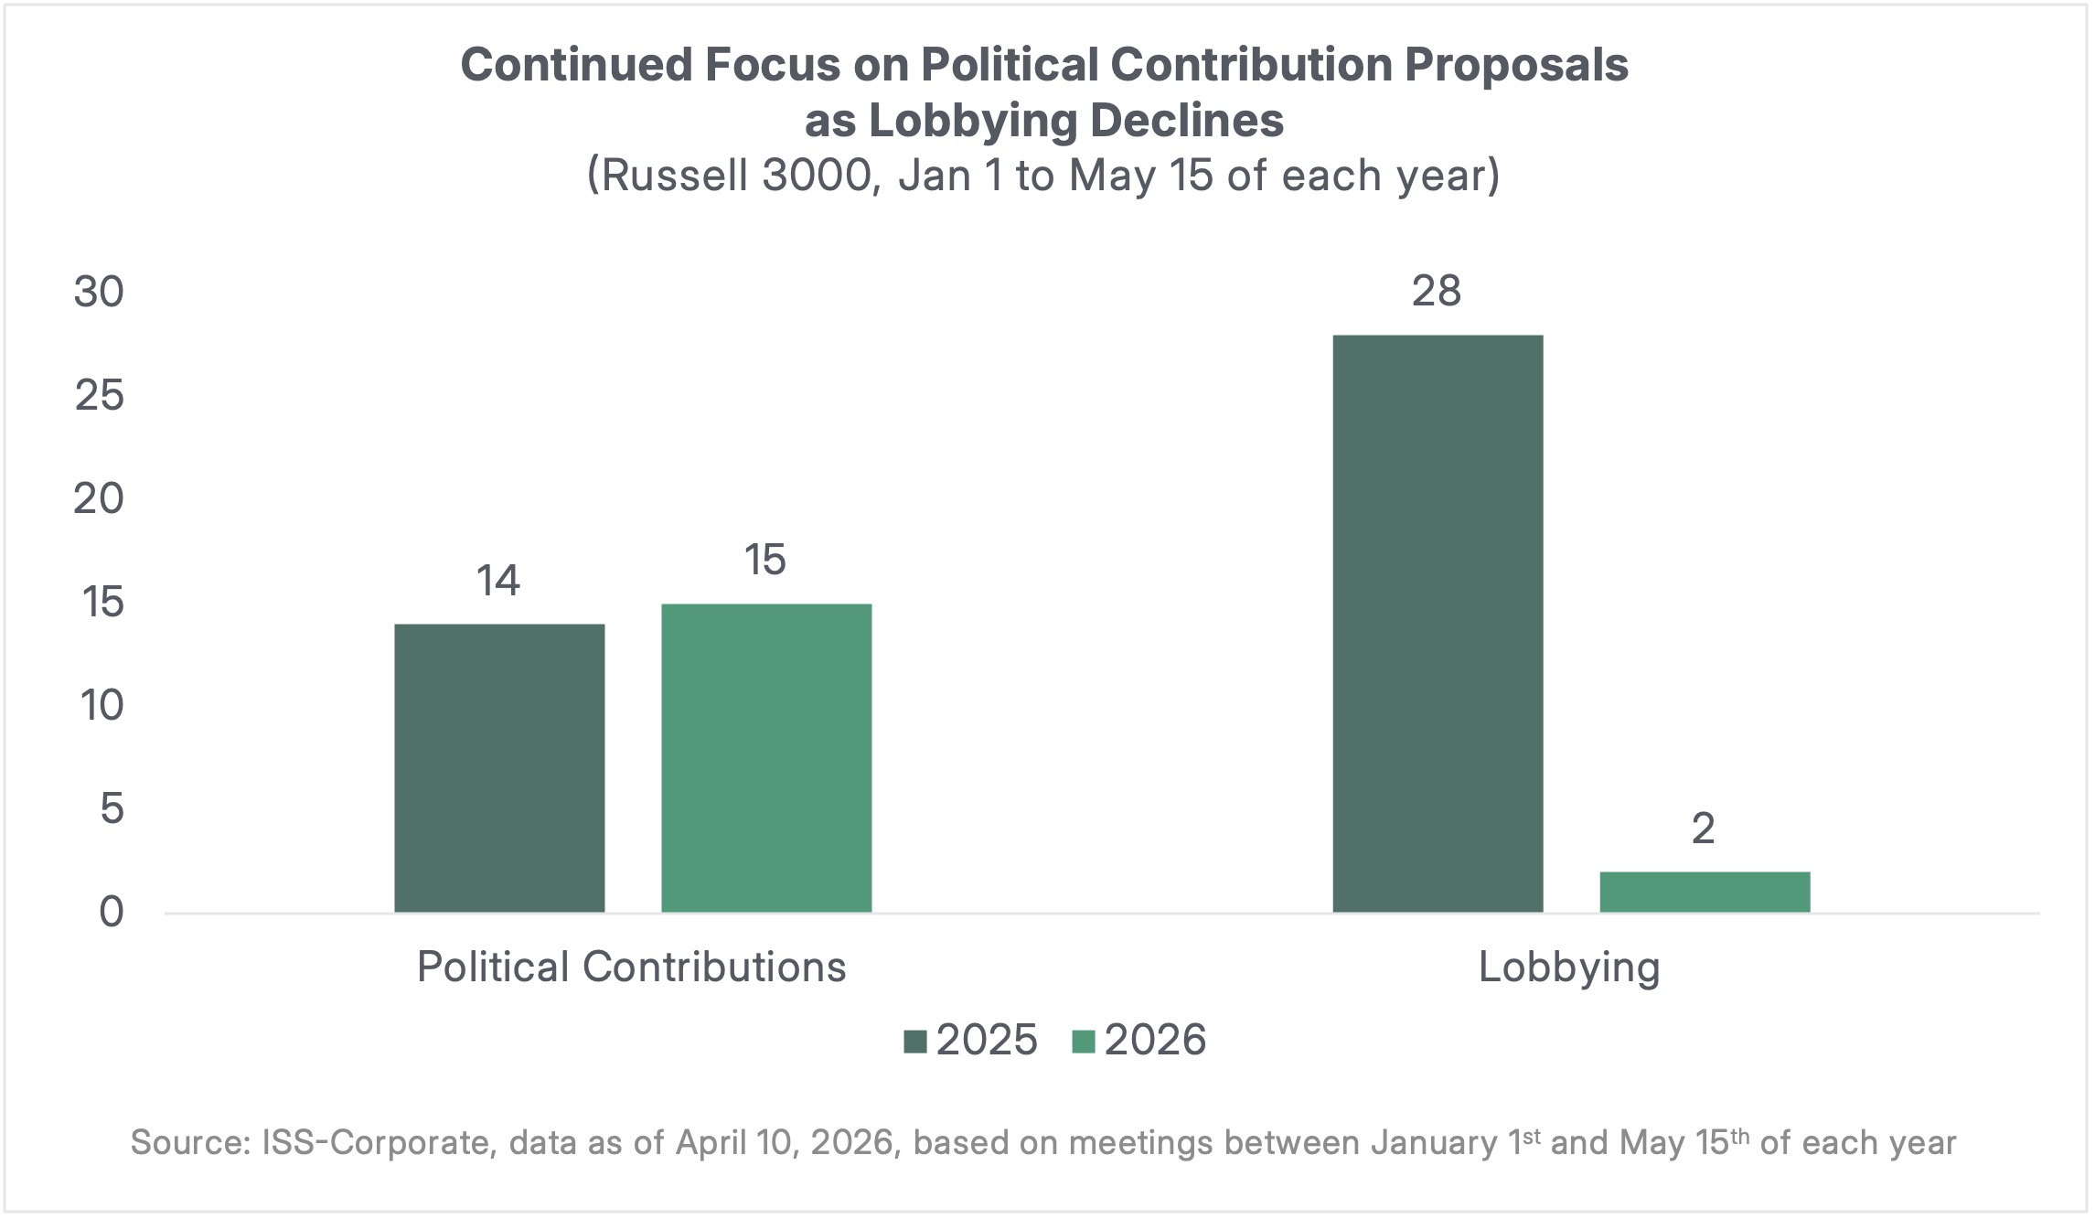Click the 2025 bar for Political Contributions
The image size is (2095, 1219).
click(499, 768)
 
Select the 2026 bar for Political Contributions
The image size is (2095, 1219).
click(766, 758)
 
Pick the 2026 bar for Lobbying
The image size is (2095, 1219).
click(1705, 892)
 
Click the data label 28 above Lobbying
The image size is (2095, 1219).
click(1437, 292)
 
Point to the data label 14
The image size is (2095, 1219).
click(498, 581)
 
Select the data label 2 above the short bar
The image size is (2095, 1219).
click(1703, 829)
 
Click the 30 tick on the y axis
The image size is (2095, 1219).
click(99, 293)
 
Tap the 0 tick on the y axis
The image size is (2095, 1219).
click(111, 912)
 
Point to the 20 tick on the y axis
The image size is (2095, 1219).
click(99, 499)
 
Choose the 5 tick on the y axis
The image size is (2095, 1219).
click(111, 808)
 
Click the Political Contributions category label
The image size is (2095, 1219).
click(631, 968)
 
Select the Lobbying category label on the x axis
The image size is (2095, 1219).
click(1569, 968)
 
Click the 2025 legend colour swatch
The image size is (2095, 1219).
click(915, 1042)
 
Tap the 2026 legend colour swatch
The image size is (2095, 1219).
click(1084, 1042)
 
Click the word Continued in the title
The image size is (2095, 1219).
click(576, 66)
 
